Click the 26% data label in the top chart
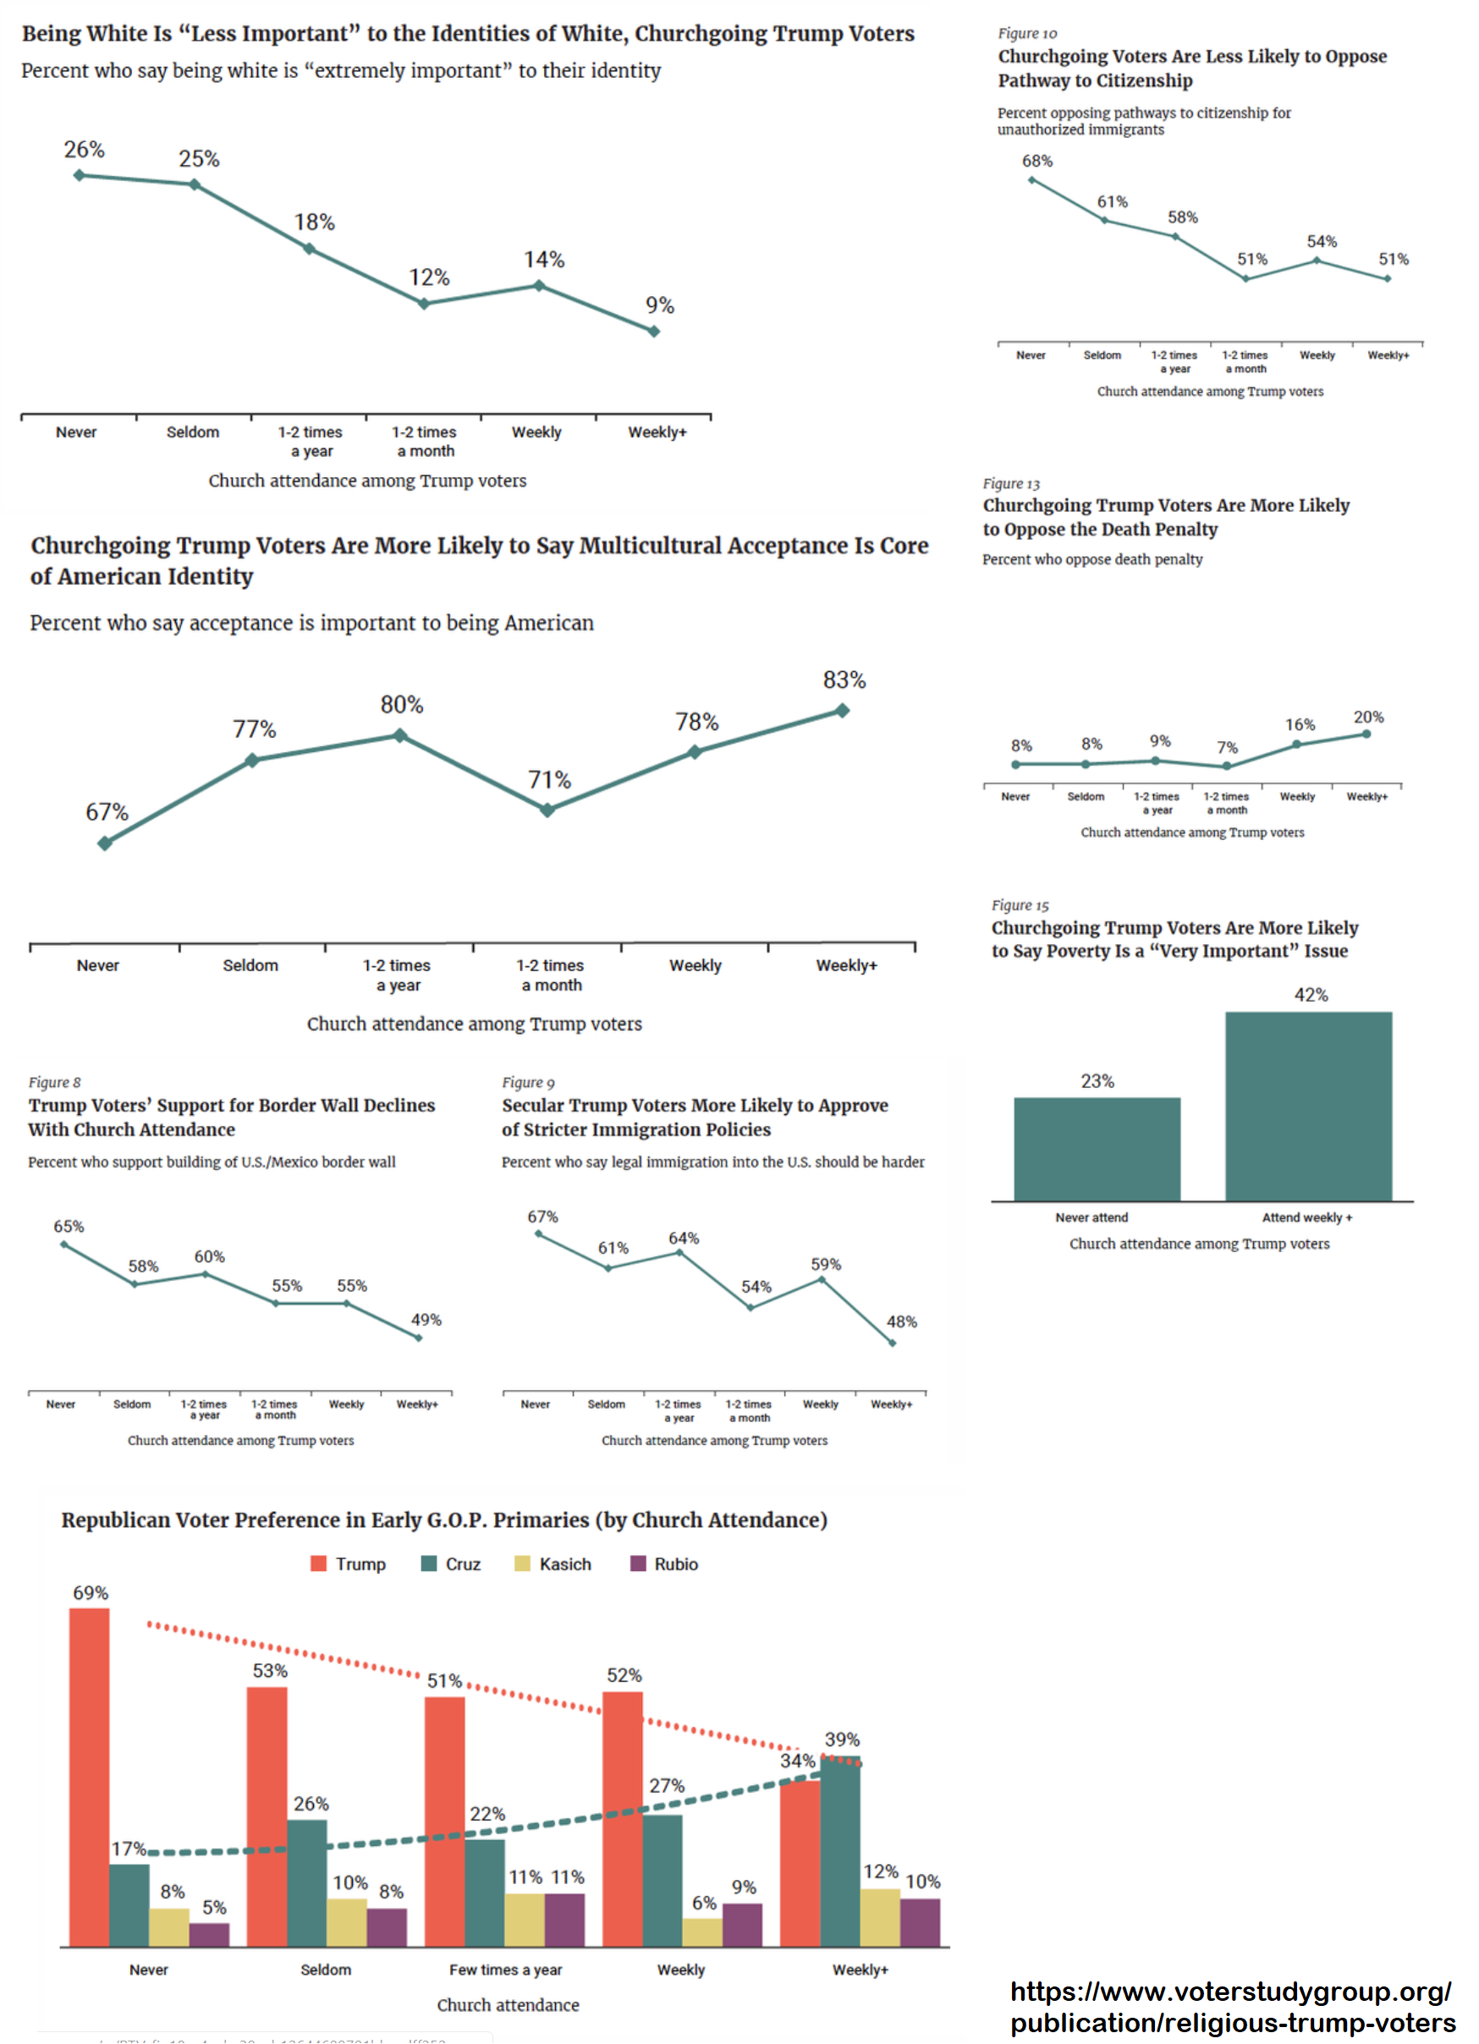tap(84, 150)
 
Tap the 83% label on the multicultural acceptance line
tap(844, 680)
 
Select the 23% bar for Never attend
tap(1096, 1149)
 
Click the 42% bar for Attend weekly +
tap(1308, 1107)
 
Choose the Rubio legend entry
tap(664, 1564)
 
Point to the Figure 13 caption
tap(1010, 484)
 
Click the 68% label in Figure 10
tap(1036, 162)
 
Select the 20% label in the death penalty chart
tap(1367, 717)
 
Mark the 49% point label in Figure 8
tap(426, 1321)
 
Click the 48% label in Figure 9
tap(901, 1322)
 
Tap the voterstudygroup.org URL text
tap(1231, 2007)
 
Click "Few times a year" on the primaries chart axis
tap(506, 1970)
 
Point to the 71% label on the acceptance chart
tap(549, 781)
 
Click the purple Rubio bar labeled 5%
tap(209, 1935)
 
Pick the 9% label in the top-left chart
tap(660, 305)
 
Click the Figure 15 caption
tap(1020, 906)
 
